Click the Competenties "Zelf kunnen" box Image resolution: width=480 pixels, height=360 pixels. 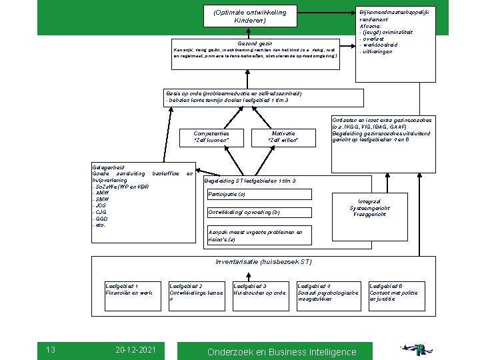211,137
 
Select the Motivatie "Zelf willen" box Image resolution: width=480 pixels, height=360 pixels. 283,137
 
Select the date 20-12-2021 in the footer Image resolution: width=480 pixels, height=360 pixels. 135,349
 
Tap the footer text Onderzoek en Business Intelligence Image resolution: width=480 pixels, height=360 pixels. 282,351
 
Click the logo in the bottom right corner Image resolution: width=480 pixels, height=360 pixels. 427,348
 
